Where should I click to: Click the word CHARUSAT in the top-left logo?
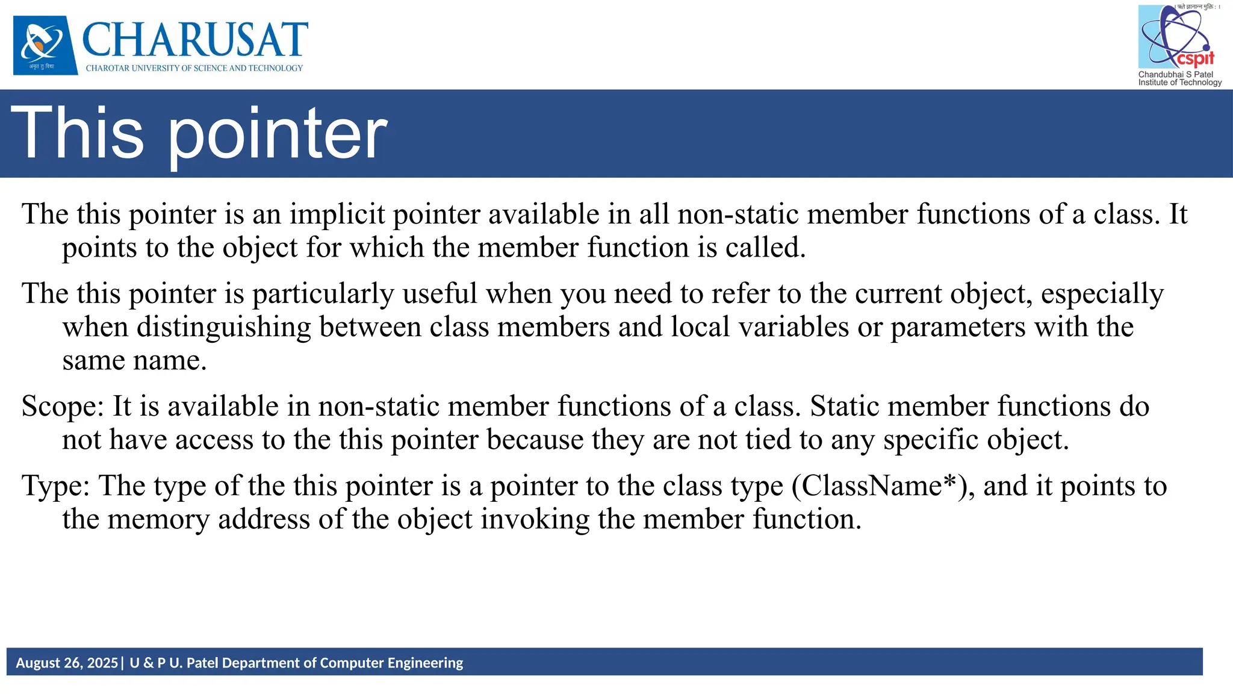tap(194, 39)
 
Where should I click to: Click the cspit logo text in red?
tap(1195, 58)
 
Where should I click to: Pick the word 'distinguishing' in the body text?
tap(223, 327)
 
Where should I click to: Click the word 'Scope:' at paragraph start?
tap(63, 407)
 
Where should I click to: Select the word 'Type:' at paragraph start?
tap(56, 486)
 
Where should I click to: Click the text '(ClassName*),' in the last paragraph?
tap(883, 486)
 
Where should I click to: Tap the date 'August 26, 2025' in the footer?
tap(67, 663)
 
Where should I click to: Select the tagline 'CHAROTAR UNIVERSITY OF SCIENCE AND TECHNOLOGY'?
tap(194, 68)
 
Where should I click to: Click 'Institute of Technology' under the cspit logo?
tap(1179, 83)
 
